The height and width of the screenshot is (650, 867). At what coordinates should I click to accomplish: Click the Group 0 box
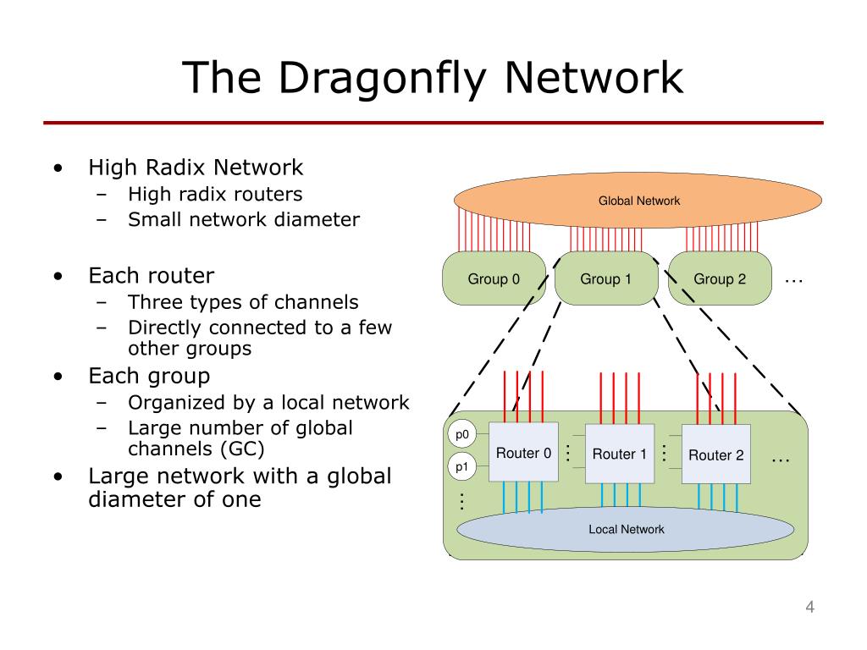tap(494, 278)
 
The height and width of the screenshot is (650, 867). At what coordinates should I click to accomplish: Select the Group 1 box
tap(606, 278)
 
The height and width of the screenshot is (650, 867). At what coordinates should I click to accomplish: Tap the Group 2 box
tap(720, 278)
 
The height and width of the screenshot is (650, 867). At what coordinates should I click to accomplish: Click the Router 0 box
tap(523, 452)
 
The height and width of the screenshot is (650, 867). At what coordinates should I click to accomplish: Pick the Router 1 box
tap(619, 454)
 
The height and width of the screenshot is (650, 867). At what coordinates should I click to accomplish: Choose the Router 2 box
tap(716, 454)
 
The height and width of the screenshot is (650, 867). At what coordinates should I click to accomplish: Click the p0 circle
tap(461, 434)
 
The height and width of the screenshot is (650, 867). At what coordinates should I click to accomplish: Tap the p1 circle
tap(461, 467)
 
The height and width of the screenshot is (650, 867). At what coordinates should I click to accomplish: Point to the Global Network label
tap(638, 201)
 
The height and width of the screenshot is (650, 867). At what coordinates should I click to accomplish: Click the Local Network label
tap(626, 529)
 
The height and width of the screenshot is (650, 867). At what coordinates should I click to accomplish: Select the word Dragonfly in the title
tap(383, 78)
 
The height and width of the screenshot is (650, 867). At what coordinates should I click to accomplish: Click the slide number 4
tap(809, 607)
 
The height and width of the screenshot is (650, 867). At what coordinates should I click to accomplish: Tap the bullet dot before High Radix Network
tap(58, 168)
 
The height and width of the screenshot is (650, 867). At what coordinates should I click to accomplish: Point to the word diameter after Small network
tap(317, 219)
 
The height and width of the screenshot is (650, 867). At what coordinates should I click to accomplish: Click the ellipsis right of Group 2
tap(793, 281)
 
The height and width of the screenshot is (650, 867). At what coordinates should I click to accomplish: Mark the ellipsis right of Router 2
tap(780, 460)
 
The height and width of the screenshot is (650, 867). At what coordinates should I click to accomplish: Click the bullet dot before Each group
tap(58, 377)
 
